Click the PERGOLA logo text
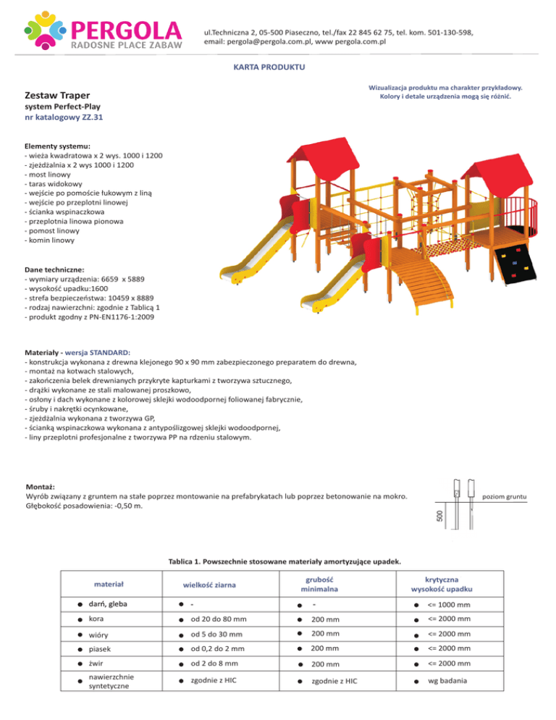(127, 30)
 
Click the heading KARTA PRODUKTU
(270, 67)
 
